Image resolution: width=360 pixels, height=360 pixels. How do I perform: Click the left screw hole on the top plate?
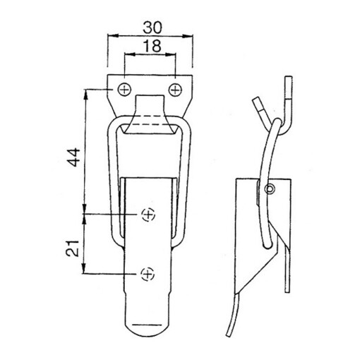[x=124, y=89]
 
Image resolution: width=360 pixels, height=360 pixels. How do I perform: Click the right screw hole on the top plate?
[x=174, y=89]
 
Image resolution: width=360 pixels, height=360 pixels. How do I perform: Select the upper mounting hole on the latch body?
[x=148, y=214]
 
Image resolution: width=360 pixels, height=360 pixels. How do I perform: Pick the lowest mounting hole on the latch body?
[x=148, y=272]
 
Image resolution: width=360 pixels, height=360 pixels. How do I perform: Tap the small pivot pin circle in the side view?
[x=271, y=188]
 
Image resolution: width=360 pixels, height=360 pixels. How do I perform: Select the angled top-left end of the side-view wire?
[x=259, y=106]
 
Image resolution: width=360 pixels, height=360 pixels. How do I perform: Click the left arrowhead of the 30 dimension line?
[x=110, y=35]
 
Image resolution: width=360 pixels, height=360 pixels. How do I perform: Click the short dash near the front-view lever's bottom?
[x=148, y=325]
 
